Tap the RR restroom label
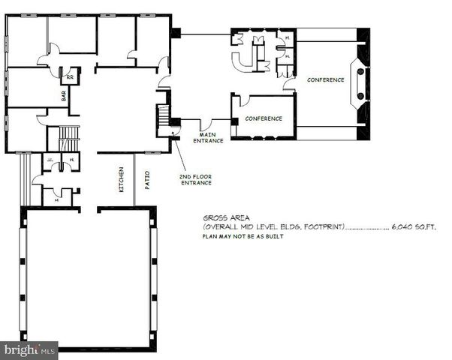(x=70, y=77)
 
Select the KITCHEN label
(x=120, y=180)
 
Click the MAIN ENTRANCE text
(x=208, y=138)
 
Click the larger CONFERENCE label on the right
(x=325, y=80)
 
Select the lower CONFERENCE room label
(x=264, y=118)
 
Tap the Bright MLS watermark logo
(x=30, y=349)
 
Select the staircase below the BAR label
(x=68, y=139)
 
